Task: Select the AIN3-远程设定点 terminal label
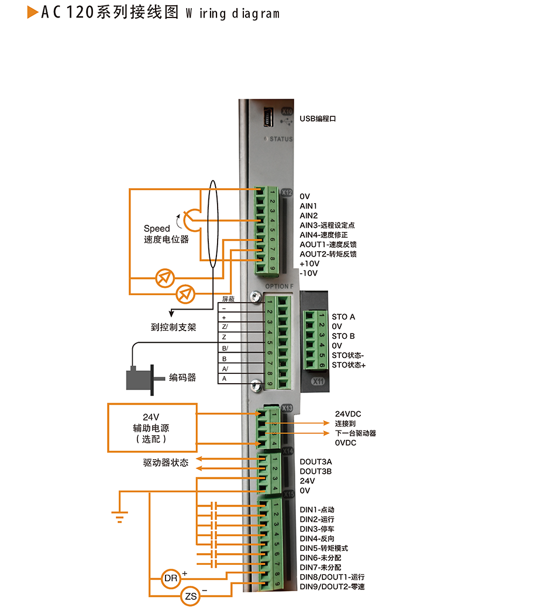(328, 225)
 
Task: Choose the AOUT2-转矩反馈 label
(328, 254)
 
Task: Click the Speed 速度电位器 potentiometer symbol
(190, 220)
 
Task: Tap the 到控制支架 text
(174, 327)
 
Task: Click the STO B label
(343, 336)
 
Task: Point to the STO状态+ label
(349, 365)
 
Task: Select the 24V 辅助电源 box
(151, 428)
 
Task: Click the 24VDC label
(348, 414)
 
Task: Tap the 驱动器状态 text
(166, 463)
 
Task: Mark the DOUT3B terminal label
(316, 471)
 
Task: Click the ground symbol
(119, 513)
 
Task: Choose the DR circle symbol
(171, 579)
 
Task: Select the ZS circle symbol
(191, 596)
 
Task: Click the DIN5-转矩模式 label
(323, 548)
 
